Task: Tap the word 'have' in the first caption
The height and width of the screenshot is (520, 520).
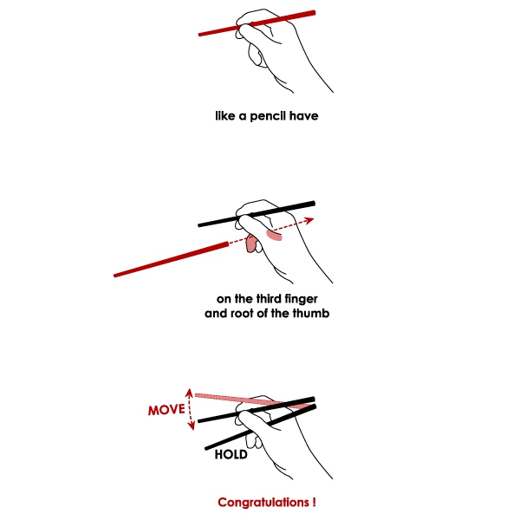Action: pyautogui.click(x=304, y=116)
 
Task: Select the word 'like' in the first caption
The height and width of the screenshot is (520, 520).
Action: pyautogui.click(x=225, y=116)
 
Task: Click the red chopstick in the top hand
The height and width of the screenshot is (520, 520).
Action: pyautogui.click(x=257, y=23)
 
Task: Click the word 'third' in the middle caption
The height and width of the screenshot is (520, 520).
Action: pyautogui.click(x=269, y=299)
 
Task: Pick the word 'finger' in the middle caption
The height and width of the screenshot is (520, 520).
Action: pyautogui.click(x=301, y=300)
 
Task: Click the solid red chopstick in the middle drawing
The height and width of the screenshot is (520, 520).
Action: pyautogui.click(x=171, y=259)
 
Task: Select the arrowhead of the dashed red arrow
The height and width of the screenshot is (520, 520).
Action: pyautogui.click(x=309, y=220)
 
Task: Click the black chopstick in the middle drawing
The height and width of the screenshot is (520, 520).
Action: pyautogui.click(x=257, y=214)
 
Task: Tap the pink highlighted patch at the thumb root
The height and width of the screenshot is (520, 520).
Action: pyautogui.click(x=274, y=235)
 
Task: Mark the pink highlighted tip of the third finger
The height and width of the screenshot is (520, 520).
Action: pyautogui.click(x=251, y=244)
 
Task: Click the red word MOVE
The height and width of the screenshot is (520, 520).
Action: pyautogui.click(x=166, y=410)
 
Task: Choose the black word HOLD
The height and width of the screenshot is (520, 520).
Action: pyautogui.click(x=231, y=454)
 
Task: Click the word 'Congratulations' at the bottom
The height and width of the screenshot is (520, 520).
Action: pyautogui.click(x=263, y=503)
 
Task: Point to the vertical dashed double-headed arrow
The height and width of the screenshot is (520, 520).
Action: pyautogui.click(x=190, y=409)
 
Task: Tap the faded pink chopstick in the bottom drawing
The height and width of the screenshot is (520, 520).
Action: pyautogui.click(x=254, y=400)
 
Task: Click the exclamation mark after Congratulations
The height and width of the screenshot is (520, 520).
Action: pyautogui.click(x=314, y=502)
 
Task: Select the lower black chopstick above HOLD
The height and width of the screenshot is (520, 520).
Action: pyautogui.click(x=261, y=427)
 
